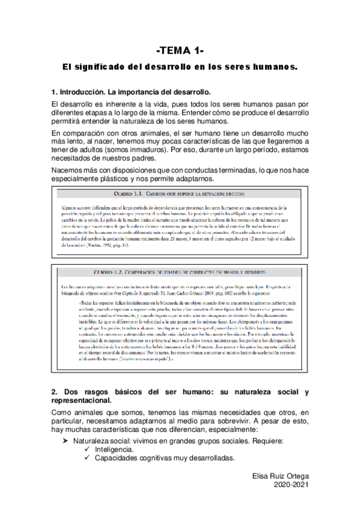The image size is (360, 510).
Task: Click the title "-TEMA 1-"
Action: [x=180, y=51]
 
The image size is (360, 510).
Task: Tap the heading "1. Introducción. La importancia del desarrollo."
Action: [x=132, y=93]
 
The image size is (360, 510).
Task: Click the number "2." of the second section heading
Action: [x=56, y=393]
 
